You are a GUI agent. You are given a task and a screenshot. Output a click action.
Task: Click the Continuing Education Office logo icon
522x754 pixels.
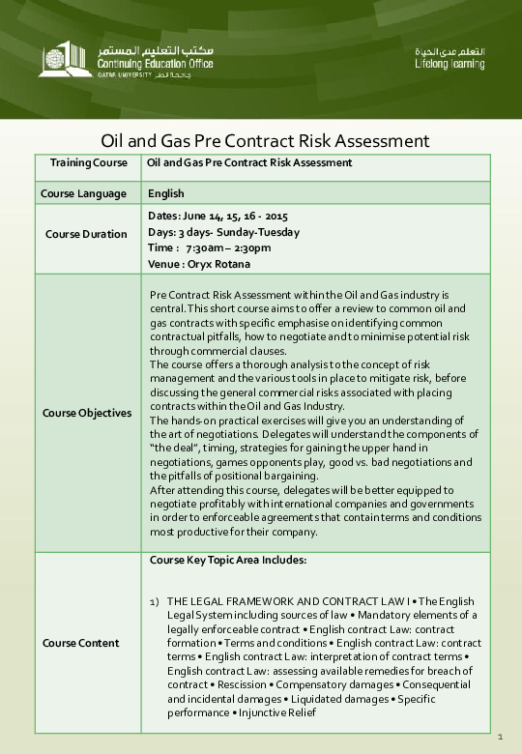(66, 57)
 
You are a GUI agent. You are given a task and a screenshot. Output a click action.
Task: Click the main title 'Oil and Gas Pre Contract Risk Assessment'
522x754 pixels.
(265, 141)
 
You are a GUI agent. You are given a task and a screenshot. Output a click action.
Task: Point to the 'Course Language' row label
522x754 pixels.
(83, 193)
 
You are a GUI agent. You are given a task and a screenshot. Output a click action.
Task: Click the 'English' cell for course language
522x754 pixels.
(165, 193)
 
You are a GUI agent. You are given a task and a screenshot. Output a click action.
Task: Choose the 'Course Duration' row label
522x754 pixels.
(86, 234)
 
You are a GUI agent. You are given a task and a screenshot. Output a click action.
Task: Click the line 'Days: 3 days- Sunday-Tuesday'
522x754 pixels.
(224, 232)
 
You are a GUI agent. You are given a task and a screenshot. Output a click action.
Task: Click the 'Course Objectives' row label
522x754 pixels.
(87, 413)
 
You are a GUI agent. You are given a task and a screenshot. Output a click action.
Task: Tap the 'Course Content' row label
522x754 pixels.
(81, 643)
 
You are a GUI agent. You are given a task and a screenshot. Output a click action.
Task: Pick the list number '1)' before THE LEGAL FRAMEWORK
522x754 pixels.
(155, 602)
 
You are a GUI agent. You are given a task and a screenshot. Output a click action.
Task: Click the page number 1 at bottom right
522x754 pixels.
(501, 739)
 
